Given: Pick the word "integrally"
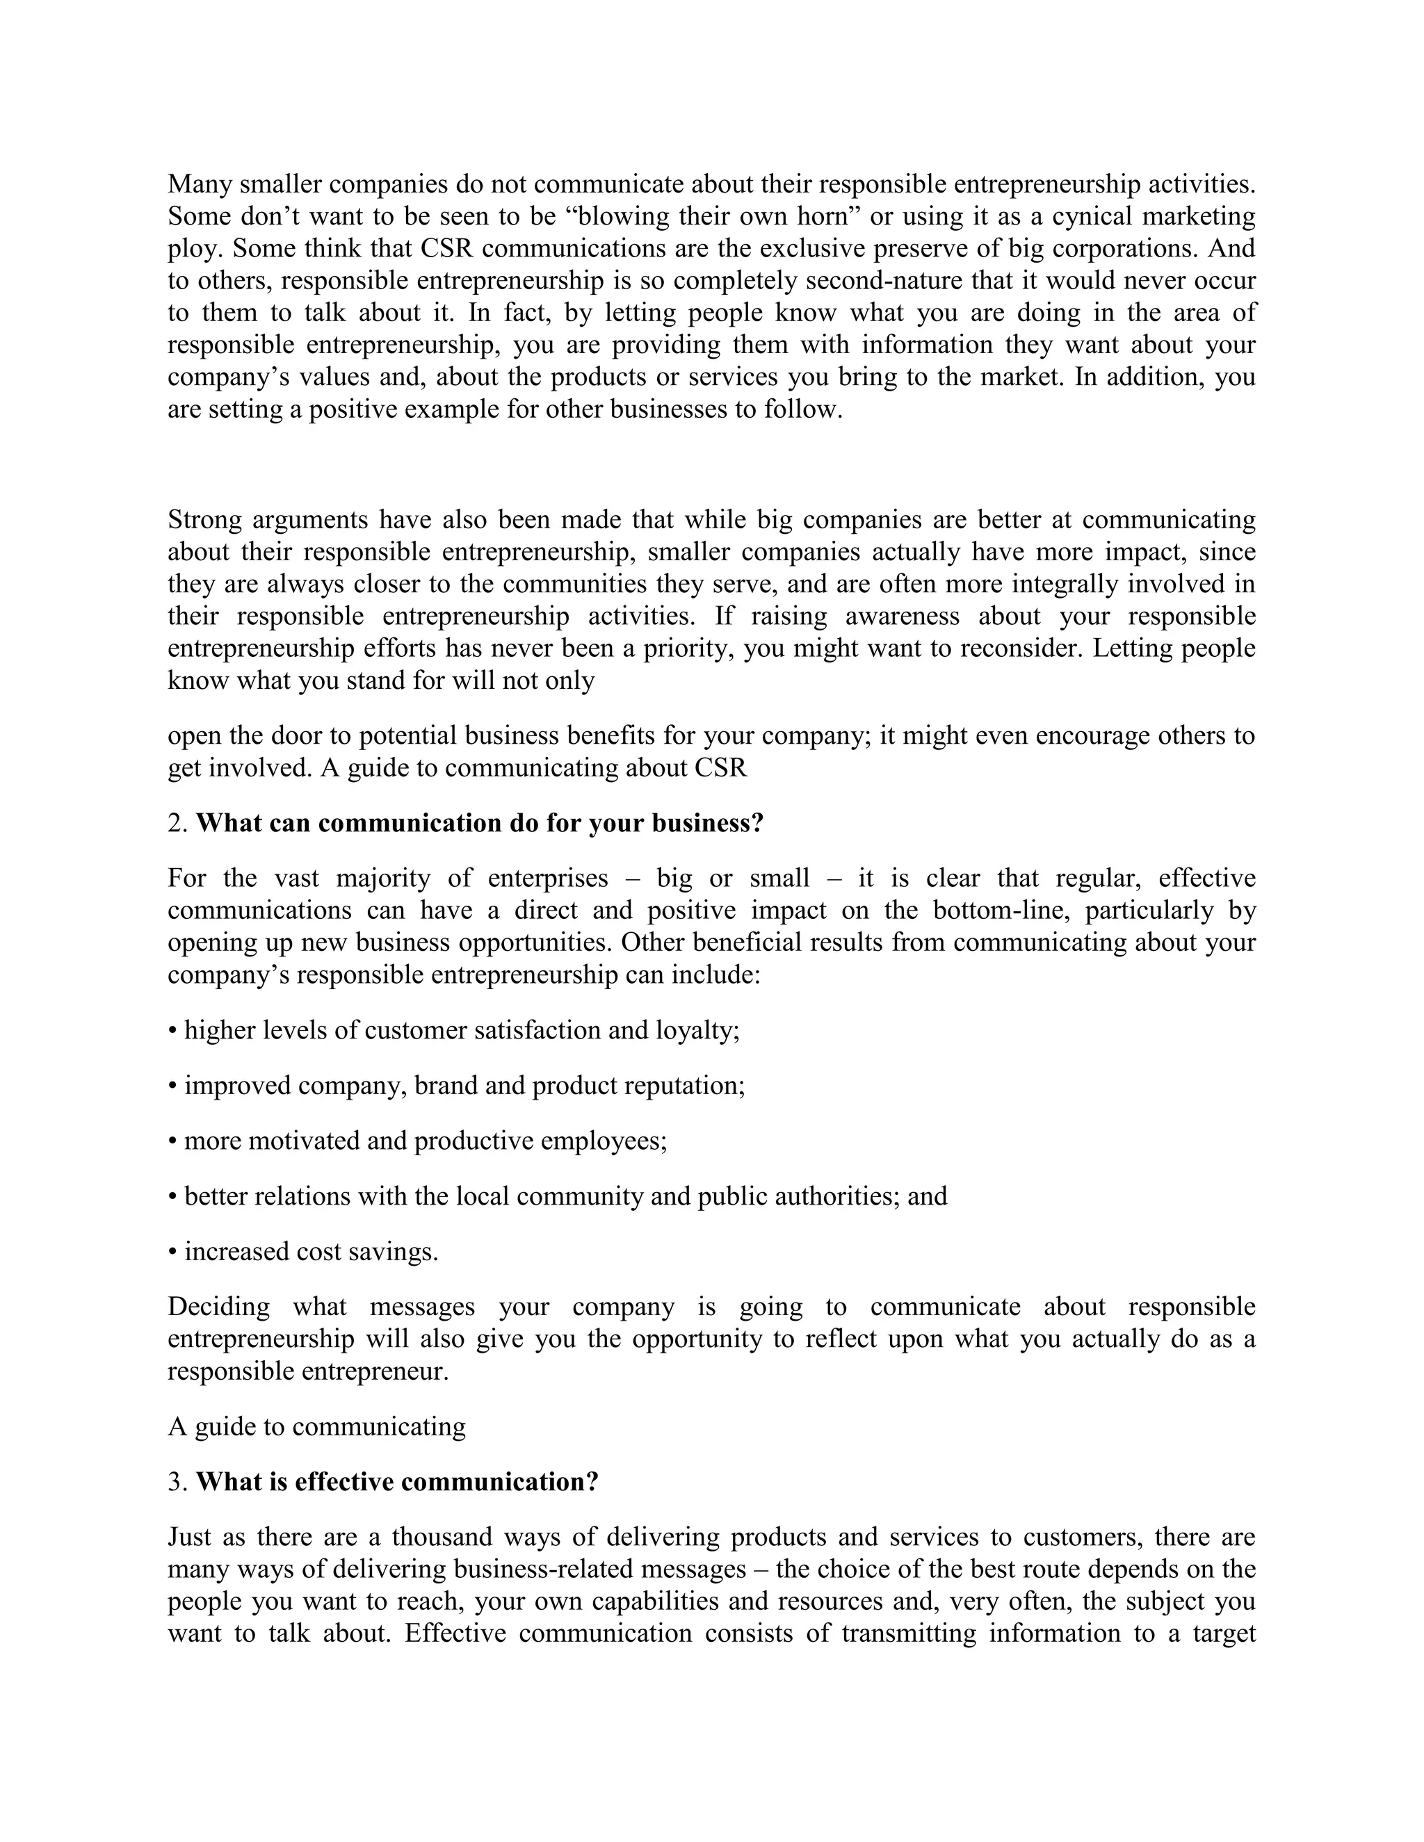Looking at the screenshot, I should pyautogui.click(x=1065, y=584).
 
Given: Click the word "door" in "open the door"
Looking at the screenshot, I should pyautogui.click(x=297, y=735).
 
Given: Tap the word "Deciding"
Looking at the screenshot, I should pyautogui.click(x=218, y=1307).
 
